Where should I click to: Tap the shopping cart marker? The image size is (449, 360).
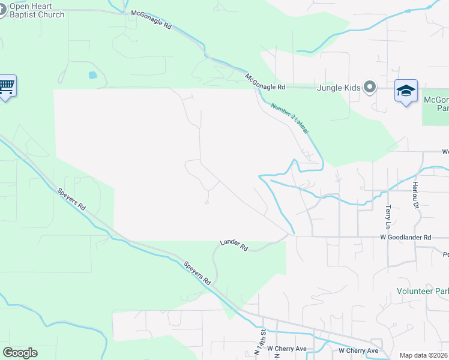click(7, 86)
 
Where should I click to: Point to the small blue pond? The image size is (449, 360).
click(92, 76)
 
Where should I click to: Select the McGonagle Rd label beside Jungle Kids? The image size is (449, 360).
click(265, 82)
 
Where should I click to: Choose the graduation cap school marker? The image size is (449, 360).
click(406, 91)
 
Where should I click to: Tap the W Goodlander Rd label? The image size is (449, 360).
click(405, 238)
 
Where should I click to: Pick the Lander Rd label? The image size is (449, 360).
click(234, 244)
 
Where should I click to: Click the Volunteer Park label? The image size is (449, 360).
click(423, 291)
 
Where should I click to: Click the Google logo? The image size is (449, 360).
click(20, 353)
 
